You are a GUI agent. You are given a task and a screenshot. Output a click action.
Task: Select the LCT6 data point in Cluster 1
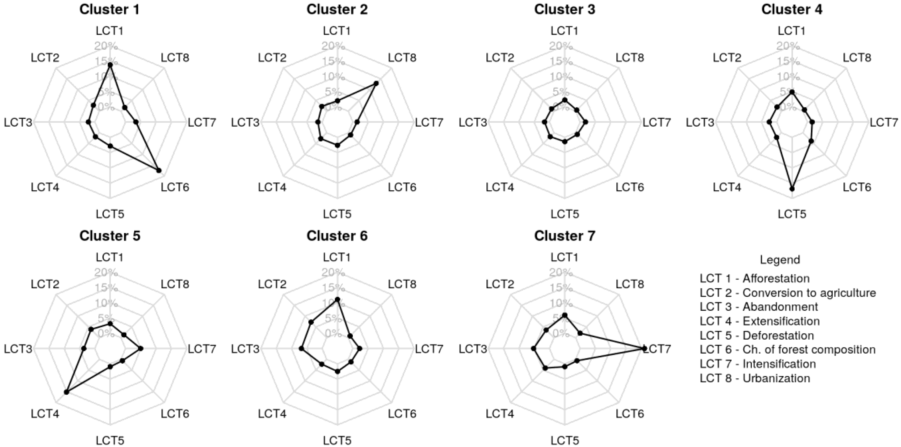(159, 171)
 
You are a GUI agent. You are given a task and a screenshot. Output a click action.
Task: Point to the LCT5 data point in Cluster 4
(792, 189)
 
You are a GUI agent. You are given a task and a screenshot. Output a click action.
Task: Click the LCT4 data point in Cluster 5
(66, 392)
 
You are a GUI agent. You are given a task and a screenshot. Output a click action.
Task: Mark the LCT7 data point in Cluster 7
(644, 348)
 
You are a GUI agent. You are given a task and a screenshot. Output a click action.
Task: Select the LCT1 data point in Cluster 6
(338, 299)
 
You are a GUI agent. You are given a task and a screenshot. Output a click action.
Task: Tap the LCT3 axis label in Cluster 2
(245, 123)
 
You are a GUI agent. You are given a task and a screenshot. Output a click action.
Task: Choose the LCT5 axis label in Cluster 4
(792, 214)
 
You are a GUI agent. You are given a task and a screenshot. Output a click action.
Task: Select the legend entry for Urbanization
(755, 378)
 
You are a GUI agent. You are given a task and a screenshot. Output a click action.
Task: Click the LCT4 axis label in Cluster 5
(45, 414)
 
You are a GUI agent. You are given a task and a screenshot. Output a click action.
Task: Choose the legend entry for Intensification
(757, 364)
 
